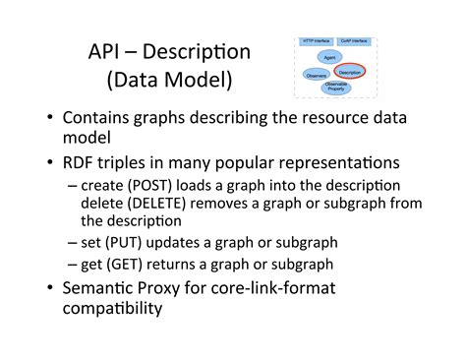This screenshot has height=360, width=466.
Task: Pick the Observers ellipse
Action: click(317, 74)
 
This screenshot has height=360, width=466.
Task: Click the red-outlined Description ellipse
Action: click(350, 72)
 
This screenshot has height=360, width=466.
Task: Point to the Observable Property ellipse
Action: click(337, 87)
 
